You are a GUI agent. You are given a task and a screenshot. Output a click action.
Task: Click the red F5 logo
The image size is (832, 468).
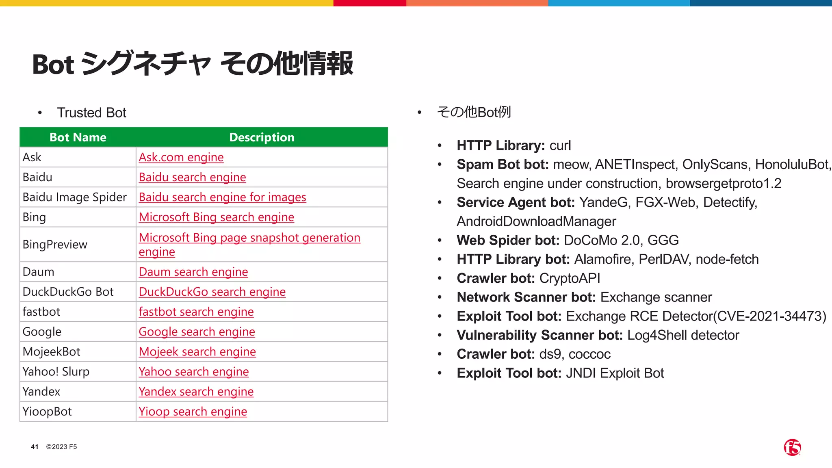tap(792, 447)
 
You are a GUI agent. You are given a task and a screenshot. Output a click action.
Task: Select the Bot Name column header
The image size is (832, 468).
tap(78, 137)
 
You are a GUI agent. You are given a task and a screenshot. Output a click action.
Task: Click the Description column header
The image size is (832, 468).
tap(262, 137)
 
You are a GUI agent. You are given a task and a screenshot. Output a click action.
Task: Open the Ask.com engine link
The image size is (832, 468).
tap(181, 157)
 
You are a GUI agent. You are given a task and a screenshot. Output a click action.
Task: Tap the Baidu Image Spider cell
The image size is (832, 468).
tap(75, 197)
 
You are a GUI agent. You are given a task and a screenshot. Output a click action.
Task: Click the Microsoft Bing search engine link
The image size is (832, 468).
tap(216, 217)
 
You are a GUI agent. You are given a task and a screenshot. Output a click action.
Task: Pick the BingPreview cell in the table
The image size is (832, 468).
tap(55, 245)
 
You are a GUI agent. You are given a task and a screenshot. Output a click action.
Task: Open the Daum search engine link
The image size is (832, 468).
tap(193, 272)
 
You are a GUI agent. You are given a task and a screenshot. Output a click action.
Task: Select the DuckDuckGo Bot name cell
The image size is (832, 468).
tap(68, 292)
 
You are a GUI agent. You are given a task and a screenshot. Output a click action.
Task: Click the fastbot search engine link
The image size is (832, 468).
tap(196, 312)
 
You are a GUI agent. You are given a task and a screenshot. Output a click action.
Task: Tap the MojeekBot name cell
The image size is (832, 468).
tap(52, 351)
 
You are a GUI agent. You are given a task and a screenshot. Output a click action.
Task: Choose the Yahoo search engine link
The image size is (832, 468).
tap(194, 371)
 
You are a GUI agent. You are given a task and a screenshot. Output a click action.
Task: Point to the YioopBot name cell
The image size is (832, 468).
tap(47, 412)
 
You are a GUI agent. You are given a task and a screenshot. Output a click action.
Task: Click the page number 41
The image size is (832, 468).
tap(35, 447)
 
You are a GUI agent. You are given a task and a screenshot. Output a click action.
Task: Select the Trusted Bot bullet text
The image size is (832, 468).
tap(92, 113)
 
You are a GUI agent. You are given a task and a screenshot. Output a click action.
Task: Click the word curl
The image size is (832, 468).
tap(560, 145)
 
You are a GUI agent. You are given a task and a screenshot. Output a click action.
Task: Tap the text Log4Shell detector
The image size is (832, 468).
tap(683, 335)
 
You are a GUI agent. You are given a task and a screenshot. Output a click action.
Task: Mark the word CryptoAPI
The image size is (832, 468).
tap(570, 278)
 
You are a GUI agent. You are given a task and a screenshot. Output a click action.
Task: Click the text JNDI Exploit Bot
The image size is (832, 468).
tap(615, 373)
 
